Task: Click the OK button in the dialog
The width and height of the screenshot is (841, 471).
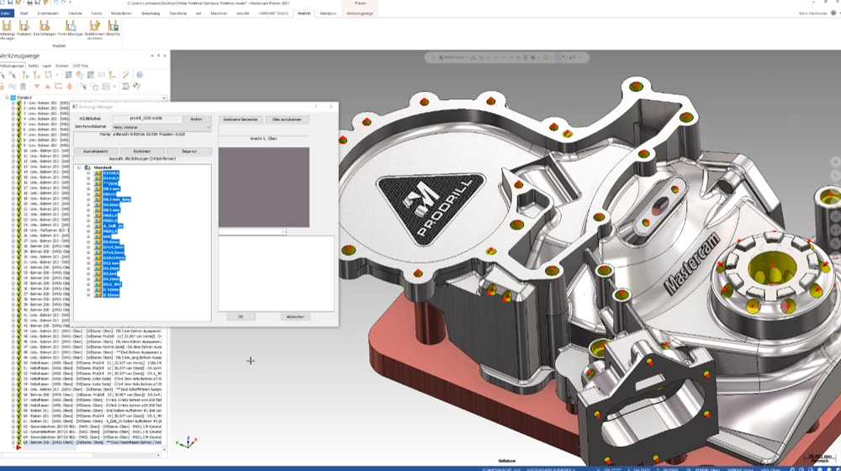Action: [x=241, y=316]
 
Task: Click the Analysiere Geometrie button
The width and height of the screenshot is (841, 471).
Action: [x=240, y=119]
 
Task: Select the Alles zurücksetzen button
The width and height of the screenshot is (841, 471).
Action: [x=287, y=119]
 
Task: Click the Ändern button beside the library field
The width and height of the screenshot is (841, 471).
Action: [x=196, y=119]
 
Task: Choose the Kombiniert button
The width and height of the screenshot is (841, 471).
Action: [x=142, y=151]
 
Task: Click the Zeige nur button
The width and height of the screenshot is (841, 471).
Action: [x=189, y=151]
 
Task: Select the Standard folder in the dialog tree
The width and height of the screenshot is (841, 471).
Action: [x=103, y=167]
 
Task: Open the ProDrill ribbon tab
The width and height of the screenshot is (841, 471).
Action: [x=304, y=13]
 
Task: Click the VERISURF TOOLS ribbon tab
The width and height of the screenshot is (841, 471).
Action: [x=273, y=13]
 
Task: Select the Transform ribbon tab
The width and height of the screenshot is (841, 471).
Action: [x=178, y=13]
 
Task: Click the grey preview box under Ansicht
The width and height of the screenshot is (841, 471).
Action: [x=263, y=187]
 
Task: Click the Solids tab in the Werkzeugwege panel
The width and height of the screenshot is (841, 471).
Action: [x=33, y=65]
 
